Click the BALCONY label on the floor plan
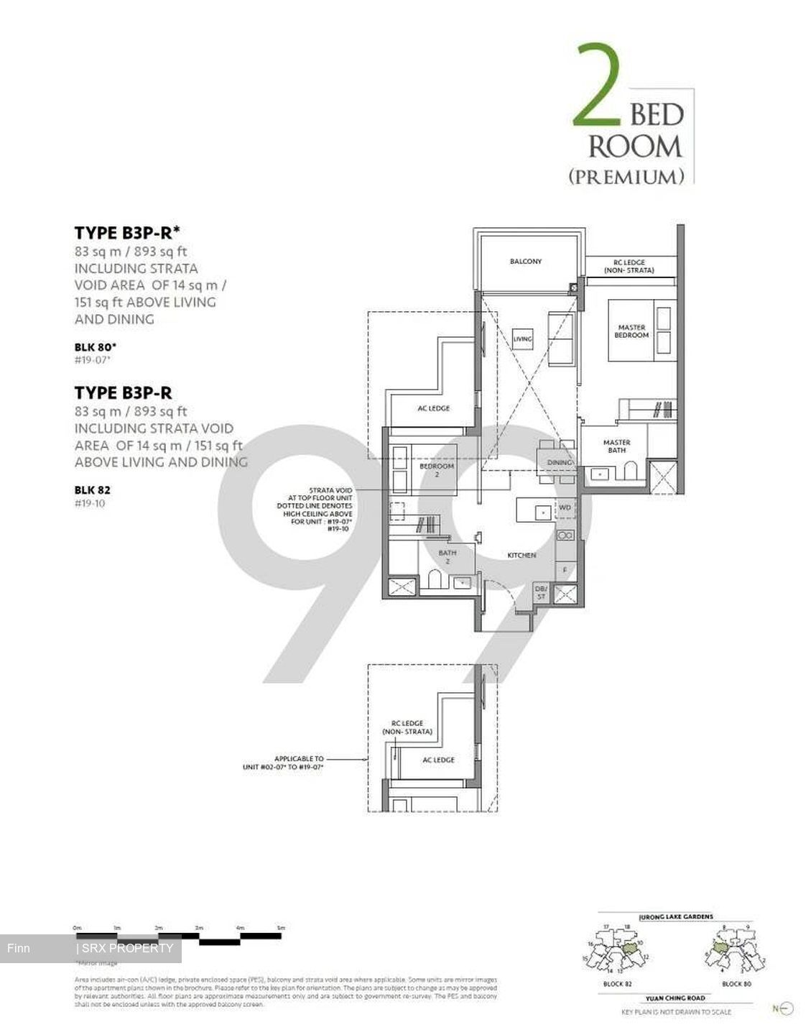click(x=526, y=261)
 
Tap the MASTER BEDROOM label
click(x=631, y=331)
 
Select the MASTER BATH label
click(x=616, y=446)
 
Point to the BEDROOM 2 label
click(x=436, y=470)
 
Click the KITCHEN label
click(x=522, y=555)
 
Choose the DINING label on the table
click(x=559, y=462)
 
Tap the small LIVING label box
click(x=522, y=339)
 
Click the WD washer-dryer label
click(x=565, y=507)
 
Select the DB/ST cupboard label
click(x=541, y=593)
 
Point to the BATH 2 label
click(x=447, y=557)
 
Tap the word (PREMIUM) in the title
click(x=626, y=176)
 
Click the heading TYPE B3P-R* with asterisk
click(x=127, y=232)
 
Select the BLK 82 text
click(x=93, y=490)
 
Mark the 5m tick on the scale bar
click(x=280, y=929)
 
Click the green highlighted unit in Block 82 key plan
click(x=631, y=950)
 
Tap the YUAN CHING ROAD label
click(x=675, y=998)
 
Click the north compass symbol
click(x=785, y=1008)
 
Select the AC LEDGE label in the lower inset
click(x=438, y=760)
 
